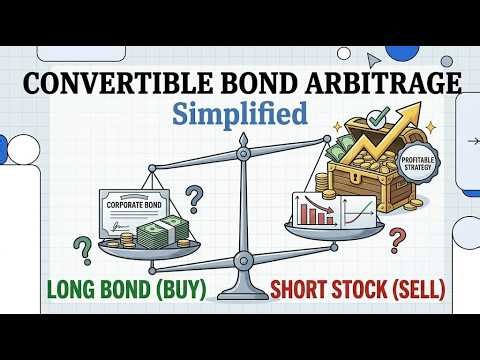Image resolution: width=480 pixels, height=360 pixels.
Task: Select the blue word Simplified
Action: pos(241,113)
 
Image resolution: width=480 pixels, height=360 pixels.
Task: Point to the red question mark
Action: pos(399,239)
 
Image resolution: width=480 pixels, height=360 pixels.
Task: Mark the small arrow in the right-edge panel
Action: pos(472,141)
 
